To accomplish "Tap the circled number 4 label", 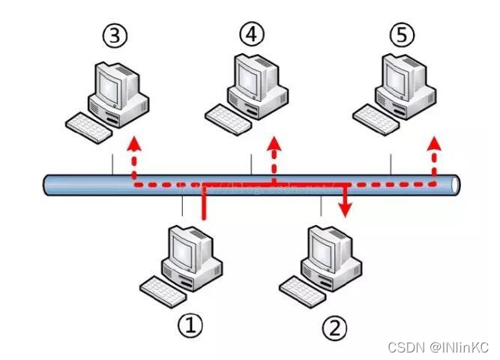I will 252,34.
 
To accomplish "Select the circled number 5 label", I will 401,34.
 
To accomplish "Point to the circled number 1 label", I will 190,324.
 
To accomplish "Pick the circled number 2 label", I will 334,326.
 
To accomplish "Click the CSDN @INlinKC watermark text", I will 439,347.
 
